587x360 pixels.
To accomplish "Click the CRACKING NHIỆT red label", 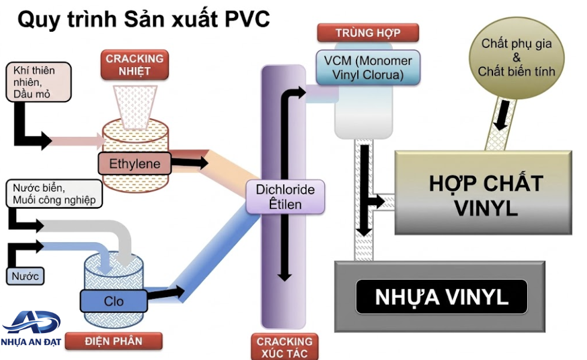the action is point(135,65).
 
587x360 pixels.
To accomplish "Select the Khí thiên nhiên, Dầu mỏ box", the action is point(38,82).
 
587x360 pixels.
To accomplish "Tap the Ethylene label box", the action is point(135,163).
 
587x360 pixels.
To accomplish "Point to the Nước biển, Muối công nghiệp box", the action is point(54,194).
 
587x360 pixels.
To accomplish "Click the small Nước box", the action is point(25,276).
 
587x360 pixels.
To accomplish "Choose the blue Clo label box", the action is point(114,301).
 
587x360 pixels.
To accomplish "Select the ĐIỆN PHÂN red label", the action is point(114,341).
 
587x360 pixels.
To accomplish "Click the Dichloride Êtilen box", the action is point(285,197).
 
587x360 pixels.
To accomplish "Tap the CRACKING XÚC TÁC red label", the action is point(284,347).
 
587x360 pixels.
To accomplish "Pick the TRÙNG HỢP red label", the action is point(368,33).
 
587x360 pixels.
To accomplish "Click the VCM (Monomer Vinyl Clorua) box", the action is point(368,68).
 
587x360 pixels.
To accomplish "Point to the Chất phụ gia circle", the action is point(516,57).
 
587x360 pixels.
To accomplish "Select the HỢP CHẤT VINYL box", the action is point(483,193).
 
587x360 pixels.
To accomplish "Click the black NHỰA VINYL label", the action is point(442,297).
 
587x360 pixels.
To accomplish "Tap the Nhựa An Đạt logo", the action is point(31,328).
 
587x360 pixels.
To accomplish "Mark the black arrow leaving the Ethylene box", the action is point(190,163).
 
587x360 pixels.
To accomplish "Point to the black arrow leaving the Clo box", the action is point(166,292).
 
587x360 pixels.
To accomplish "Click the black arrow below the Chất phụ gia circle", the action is point(502,114).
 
